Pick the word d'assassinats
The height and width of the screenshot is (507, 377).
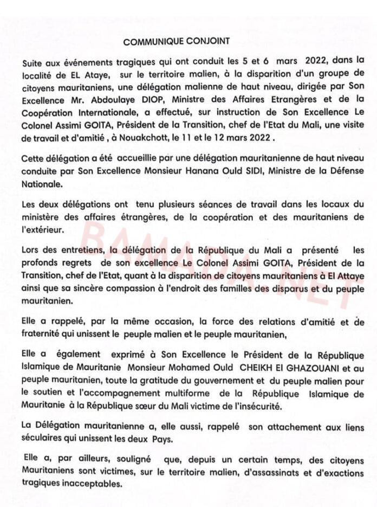click(x=240, y=471)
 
